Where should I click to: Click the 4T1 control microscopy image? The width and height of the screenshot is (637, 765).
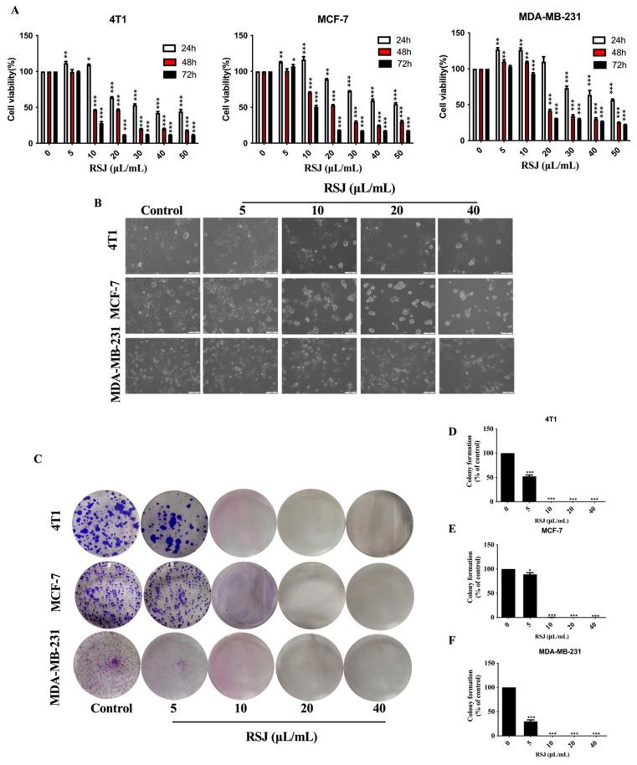click(x=162, y=246)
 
